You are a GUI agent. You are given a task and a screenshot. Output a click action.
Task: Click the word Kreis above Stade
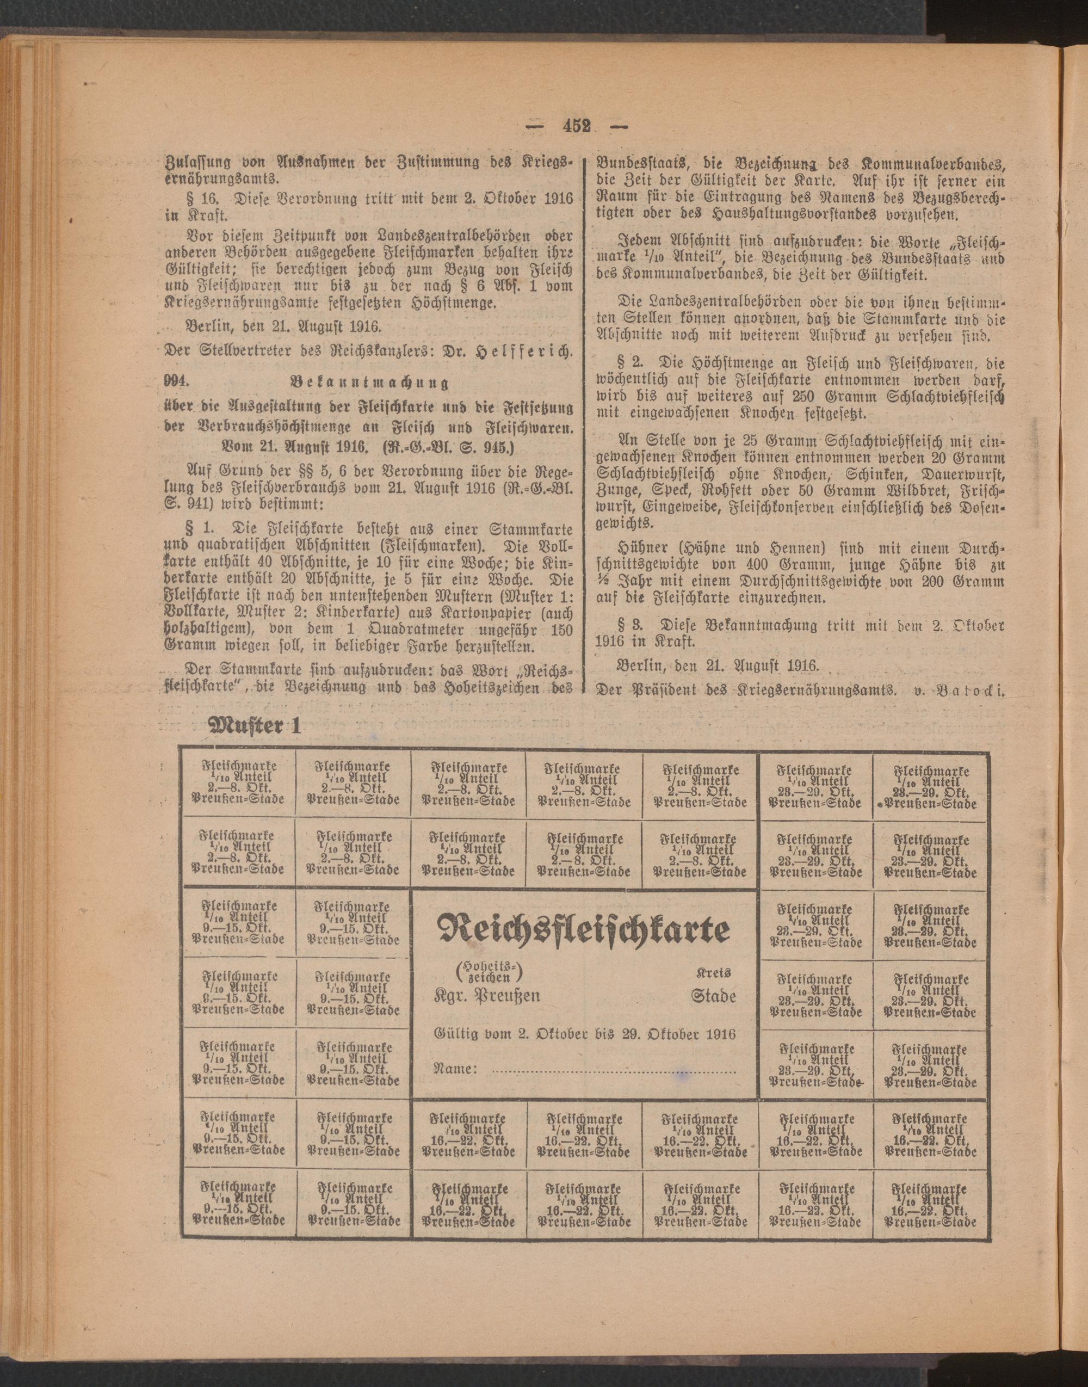713,973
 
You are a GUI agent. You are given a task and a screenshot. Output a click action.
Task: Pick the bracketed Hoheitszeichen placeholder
489,970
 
